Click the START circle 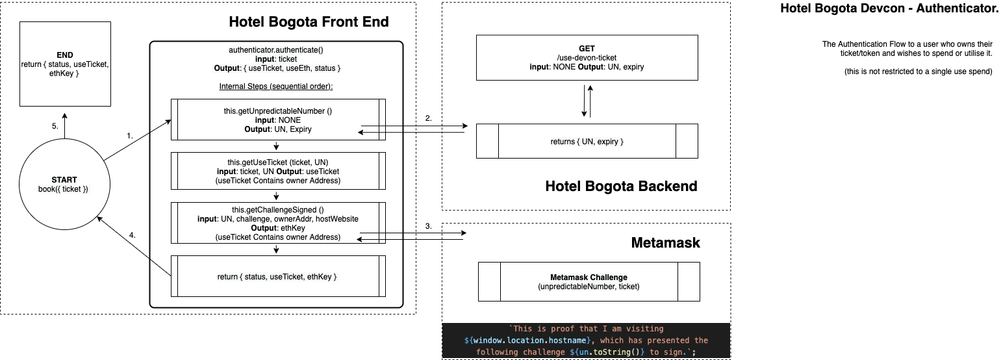click(64, 184)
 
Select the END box click(64, 64)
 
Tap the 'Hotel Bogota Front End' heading click(309, 22)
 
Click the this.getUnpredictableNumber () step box click(278, 120)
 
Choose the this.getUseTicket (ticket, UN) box click(278, 171)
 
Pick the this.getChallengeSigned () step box click(278, 223)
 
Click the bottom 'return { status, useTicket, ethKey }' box click(278, 277)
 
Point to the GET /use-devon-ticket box click(587, 57)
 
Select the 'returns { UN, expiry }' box click(587, 141)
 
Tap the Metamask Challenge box click(589, 281)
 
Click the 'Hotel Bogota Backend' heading click(621, 186)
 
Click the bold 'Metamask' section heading click(666, 243)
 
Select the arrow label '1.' click(130, 136)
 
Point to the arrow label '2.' click(428, 118)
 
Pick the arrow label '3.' click(428, 225)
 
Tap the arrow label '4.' click(133, 235)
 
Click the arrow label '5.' click(55, 126)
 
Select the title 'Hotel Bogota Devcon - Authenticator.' click(889, 8)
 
